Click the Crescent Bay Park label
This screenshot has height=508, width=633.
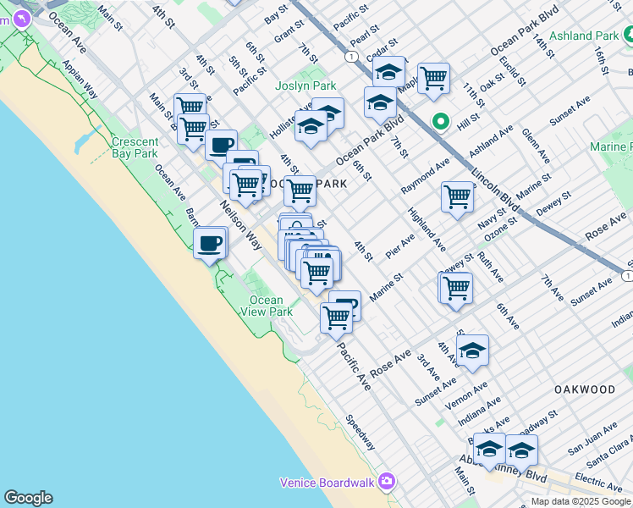click(x=135, y=147)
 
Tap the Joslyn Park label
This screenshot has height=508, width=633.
click(x=305, y=86)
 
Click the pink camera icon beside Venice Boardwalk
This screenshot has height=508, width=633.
click(x=386, y=481)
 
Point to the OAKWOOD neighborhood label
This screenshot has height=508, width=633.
click(x=584, y=389)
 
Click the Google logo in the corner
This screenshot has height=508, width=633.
click(x=28, y=498)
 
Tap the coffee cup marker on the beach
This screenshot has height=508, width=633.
click(x=210, y=245)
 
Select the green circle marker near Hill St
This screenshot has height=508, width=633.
click(x=440, y=121)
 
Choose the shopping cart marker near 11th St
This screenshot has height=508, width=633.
click(x=433, y=79)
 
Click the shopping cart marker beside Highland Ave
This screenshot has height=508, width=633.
click(x=457, y=196)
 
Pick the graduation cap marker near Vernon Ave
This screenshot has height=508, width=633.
click(x=472, y=350)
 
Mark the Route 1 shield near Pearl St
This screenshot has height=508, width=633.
click(x=350, y=56)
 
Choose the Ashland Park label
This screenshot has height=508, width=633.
click(x=584, y=36)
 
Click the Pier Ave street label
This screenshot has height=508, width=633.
click(x=400, y=246)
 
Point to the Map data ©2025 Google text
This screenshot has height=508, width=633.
click(x=580, y=501)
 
